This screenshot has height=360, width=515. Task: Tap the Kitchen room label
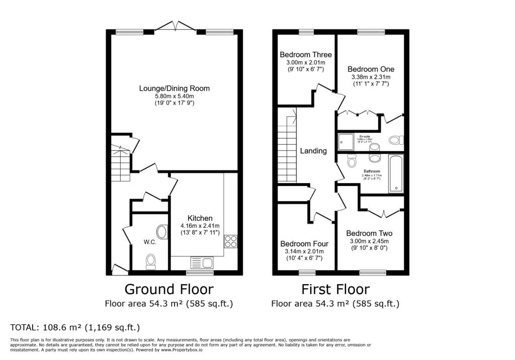coord(200,218)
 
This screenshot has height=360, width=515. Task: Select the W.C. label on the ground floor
coord(150,242)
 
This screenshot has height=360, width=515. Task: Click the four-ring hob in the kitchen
coord(231,242)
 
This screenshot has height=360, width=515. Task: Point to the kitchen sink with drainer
coord(202,262)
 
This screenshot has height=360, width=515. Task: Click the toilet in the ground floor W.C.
coord(151,261)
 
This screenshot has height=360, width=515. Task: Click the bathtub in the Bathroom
coord(396,174)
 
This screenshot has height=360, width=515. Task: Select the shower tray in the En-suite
coord(346,141)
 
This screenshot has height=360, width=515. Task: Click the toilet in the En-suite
coord(395,139)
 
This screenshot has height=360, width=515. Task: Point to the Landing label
coord(313,151)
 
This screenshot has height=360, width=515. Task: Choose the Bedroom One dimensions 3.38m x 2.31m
coord(371,77)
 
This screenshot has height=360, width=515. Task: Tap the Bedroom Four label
coord(304,244)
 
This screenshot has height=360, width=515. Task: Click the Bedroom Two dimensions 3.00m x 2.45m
coord(369,241)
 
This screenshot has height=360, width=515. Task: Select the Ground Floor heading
coord(168,289)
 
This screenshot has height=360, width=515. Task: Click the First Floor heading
coord(335,289)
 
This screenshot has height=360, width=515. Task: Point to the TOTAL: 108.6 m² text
coord(75,327)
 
